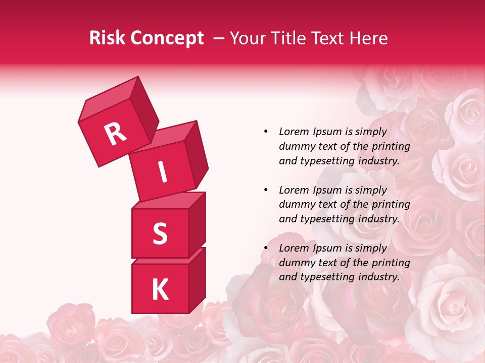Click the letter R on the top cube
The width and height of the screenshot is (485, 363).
pyautogui.click(x=115, y=134)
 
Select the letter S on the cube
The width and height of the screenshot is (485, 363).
pyautogui.click(x=160, y=233)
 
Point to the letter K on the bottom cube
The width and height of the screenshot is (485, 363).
pyautogui.click(x=160, y=290)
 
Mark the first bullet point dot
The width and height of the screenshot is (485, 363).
pyautogui.click(x=266, y=132)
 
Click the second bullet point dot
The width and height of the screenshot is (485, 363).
pyautogui.click(x=266, y=190)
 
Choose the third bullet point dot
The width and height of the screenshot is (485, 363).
pyautogui.click(x=266, y=248)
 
